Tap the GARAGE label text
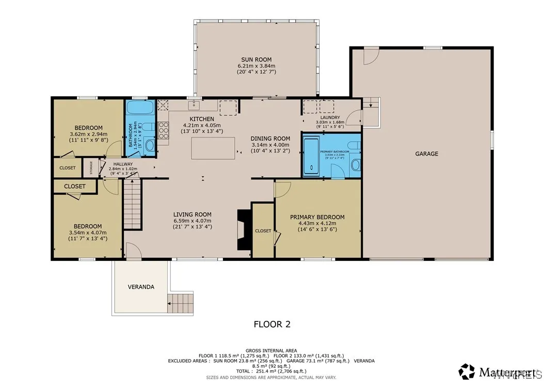[x=426, y=153]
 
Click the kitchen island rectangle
[x=212, y=148]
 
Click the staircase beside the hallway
[x=132, y=206]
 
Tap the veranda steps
[x=180, y=301]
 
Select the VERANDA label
[x=141, y=287]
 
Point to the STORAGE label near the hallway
[x=91, y=168]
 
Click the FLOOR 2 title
[x=272, y=325]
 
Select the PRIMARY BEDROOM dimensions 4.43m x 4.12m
[x=317, y=223]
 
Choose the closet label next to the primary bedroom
[x=263, y=230]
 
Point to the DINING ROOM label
[x=270, y=138]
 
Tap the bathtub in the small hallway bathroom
[x=140, y=108]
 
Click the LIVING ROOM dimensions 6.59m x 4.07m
[x=193, y=221]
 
